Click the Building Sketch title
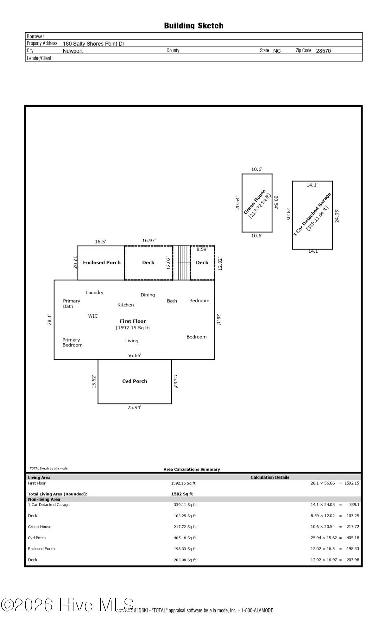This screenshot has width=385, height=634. click(x=193, y=26)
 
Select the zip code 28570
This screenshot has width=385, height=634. click(x=323, y=51)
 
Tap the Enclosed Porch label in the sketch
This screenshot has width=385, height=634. click(x=102, y=262)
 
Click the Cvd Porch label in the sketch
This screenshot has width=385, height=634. click(x=135, y=381)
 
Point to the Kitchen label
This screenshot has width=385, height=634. click(x=126, y=305)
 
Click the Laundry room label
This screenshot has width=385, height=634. click(x=95, y=293)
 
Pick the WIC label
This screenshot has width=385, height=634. click(x=93, y=316)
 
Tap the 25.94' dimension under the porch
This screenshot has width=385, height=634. click(x=134, y=407)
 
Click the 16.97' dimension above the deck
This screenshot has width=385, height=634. click(x=149, y=241)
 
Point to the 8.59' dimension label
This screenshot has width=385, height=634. click(x=202, y=249)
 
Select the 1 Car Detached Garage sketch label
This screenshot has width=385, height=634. click(x=312, y=214)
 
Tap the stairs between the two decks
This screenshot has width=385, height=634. click(x=181, y=263)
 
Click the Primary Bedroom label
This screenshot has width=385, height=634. click(x=72, y=342)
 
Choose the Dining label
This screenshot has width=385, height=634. click(x=148, y=295)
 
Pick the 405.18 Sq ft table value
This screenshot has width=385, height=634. click(x=185, y=538)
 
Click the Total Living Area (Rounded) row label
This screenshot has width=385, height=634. click(x=57, y=494)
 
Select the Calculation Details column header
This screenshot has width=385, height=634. click(x=270, y=477)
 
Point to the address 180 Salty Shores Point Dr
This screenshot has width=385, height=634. click(x=94, y=44)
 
